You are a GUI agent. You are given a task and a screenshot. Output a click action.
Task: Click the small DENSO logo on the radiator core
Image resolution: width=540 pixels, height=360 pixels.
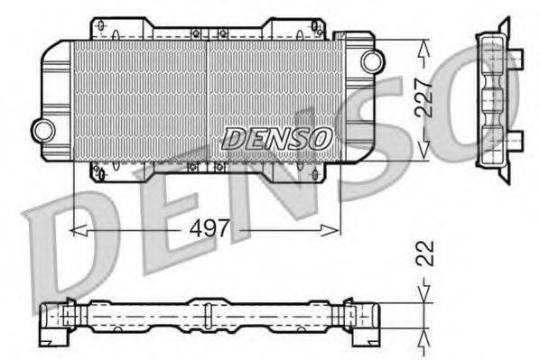pyautogui.click(x=277, y=138)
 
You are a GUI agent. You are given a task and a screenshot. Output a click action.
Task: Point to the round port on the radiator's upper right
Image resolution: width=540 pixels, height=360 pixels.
pyautogui.click(x=371, y=60)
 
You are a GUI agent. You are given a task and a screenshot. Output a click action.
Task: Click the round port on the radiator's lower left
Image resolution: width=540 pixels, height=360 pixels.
pyautogui.click(x=42, y=130)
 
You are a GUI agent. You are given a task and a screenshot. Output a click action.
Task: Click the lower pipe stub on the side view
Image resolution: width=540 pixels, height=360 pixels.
pyautogui.click(x=516, y=140)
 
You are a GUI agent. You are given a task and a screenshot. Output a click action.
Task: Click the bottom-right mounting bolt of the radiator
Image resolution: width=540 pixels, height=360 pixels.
pyautogui.click(x=315, y=170)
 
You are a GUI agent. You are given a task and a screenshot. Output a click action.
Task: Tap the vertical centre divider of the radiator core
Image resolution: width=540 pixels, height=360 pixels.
pyautogui.click(x=208, y=99)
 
